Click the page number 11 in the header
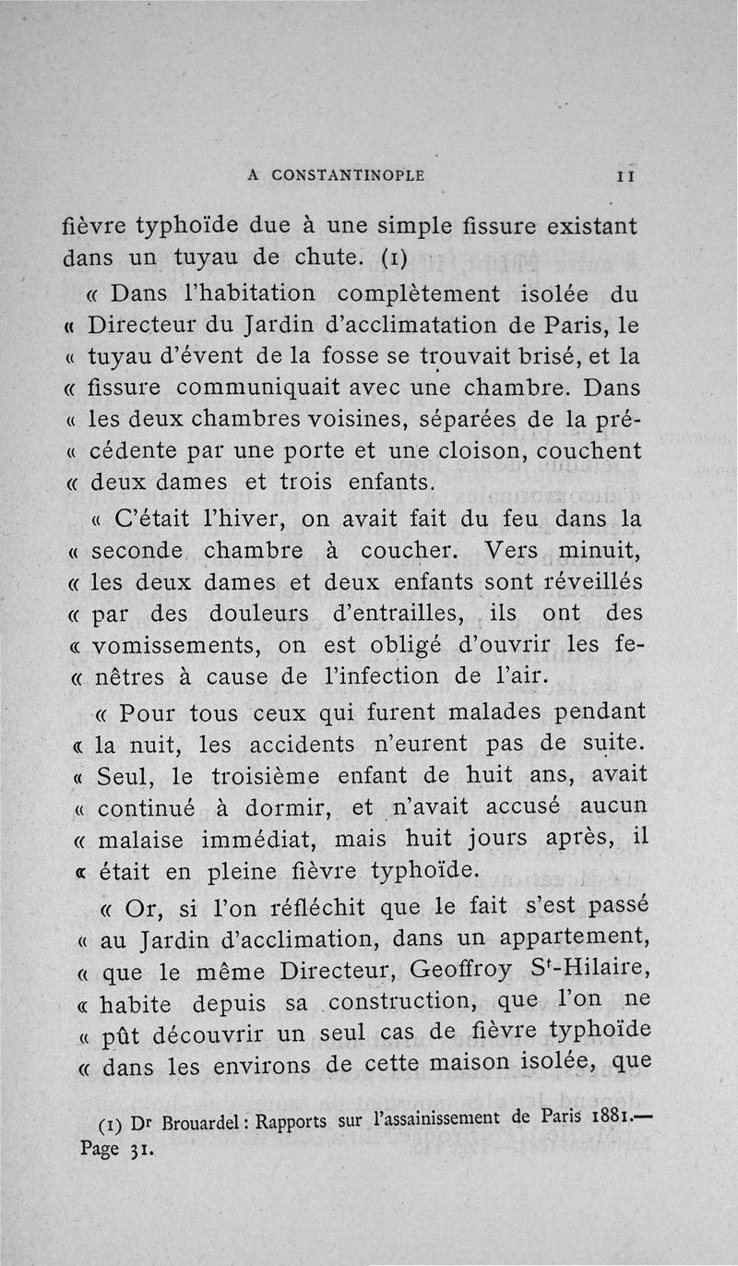625,175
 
